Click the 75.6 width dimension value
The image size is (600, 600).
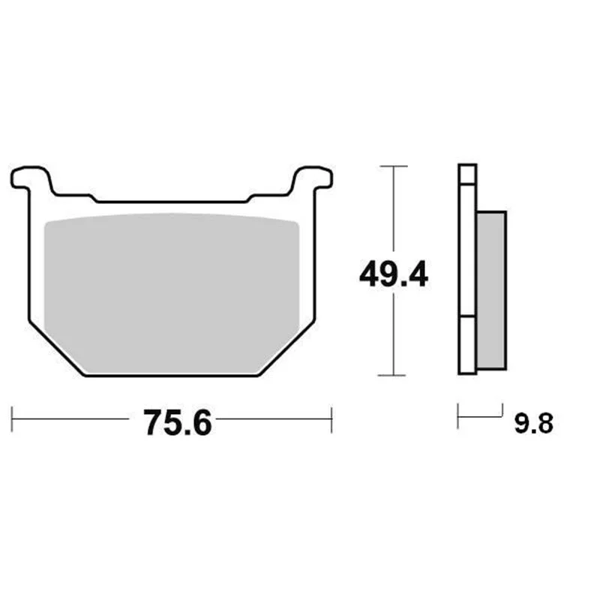coord(177,423)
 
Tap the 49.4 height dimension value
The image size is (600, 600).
coord(393,274)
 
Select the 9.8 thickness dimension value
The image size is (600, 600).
coord(533,424)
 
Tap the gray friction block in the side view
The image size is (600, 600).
coord(492,290)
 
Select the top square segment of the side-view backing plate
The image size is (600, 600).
coord(467,175)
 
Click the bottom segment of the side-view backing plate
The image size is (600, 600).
coord(467,345)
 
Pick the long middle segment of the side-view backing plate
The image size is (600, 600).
coord(467,250)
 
